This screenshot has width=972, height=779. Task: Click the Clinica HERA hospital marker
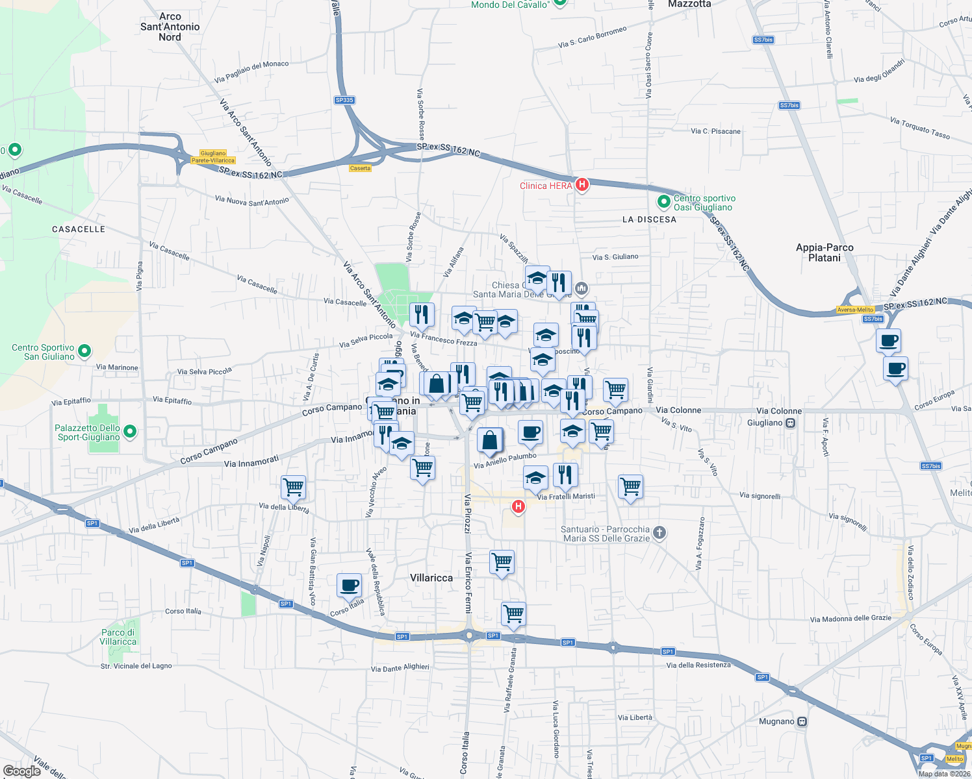point(582,185)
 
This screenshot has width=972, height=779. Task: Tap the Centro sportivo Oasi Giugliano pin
point(663,203)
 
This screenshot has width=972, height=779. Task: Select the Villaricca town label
point(431,578)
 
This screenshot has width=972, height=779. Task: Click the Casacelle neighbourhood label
point(79,229)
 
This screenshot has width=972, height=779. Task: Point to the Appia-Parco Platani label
point(825,253)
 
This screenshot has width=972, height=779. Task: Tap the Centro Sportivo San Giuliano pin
point(84,352)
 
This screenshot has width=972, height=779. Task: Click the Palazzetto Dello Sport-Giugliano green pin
point(130,431)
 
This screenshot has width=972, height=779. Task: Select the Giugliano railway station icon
point(790,423)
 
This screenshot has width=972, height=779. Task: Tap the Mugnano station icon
point(802,721)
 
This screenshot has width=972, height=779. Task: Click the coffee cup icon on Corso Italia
point(349,585)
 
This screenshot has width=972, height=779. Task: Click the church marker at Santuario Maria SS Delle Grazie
point(659,533)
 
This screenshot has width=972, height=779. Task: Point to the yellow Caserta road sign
point(360,168)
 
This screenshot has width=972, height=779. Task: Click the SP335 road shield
point(344,100)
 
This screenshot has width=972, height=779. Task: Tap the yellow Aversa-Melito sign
point(855,310)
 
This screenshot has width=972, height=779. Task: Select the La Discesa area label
point(649,219)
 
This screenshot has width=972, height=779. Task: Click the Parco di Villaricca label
point(118,637)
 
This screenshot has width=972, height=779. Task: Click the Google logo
point(22,771)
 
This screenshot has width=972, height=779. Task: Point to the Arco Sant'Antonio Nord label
point(170,27)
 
